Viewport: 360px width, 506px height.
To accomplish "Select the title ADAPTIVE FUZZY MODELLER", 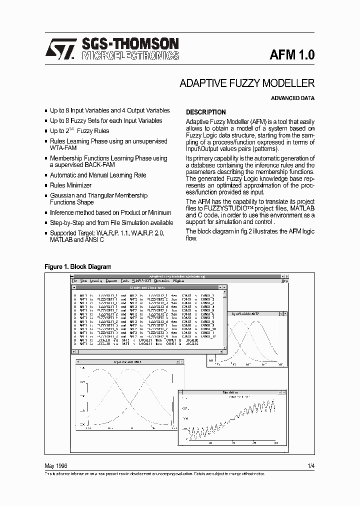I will tap(247, 83).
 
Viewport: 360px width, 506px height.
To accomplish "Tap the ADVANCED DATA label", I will tap(292, 98).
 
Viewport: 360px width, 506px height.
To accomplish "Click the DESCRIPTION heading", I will tap(205, 112).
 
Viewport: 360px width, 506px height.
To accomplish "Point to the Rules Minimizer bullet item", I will tap(70, 185).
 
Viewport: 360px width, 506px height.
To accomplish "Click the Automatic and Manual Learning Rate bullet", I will tap(98, 175).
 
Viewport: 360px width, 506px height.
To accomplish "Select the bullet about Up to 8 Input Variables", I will tap(109, 110).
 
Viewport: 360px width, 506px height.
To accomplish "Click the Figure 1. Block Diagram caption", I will tap(78, 267).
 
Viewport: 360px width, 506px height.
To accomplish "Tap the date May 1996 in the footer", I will tap(56, 465).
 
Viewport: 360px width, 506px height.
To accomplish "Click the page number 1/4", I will tap(311, 465).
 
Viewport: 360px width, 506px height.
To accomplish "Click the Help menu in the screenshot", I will tap(284, 281).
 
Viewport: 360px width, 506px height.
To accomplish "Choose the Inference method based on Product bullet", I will tap(110, 212).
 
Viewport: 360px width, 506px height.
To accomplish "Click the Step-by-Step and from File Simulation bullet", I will tap(111, 222).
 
